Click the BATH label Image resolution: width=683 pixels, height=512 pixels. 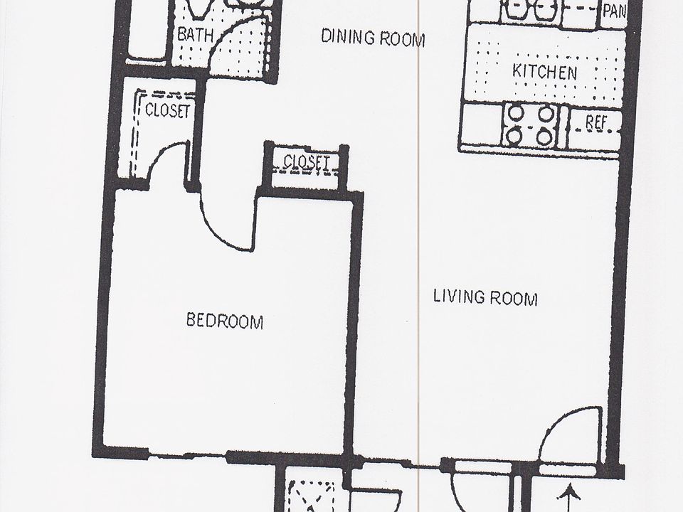[194, 34]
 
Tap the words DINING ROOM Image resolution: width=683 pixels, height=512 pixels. [373, 37]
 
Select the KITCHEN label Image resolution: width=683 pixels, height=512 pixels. [544, 72]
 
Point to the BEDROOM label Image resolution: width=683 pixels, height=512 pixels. [225, 321]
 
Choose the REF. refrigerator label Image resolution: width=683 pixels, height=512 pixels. [595, 122]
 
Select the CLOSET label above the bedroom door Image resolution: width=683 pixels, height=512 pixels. [307, 163]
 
